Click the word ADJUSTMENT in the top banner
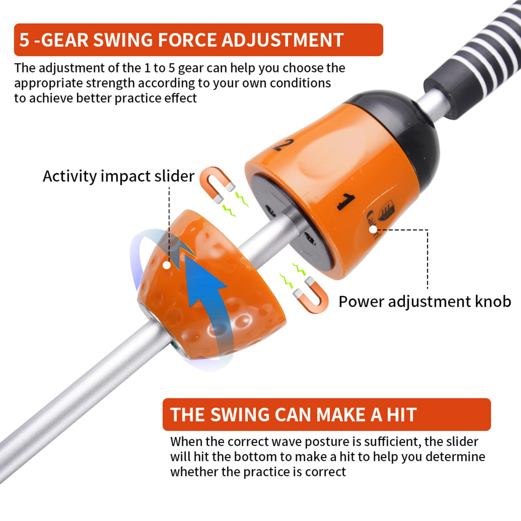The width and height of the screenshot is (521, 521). tap(282, 40)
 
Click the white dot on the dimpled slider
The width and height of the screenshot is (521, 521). tap(167, 265)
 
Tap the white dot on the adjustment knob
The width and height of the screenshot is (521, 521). tap(373, 229)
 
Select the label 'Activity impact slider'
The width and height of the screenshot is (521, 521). tap(118, 176)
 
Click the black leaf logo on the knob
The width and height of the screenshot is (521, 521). tap(386, 212)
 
